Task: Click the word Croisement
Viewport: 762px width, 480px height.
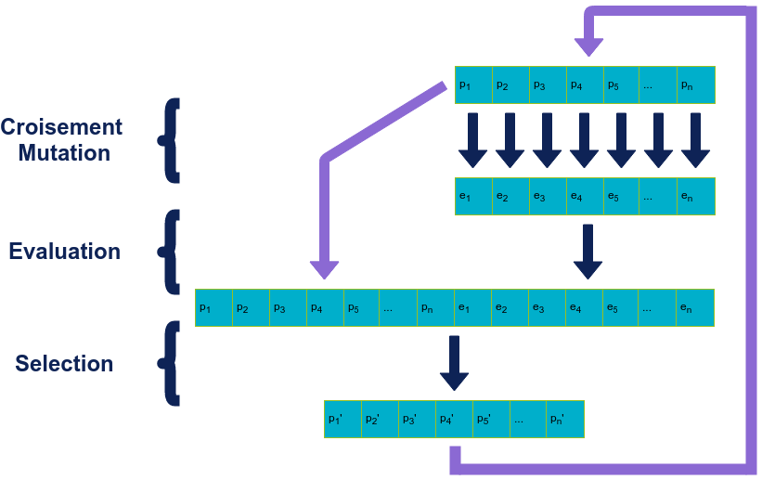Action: [x=61, y=127]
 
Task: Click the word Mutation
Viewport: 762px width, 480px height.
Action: [x=61, y=152]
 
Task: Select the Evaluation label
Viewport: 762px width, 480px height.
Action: [x=64, y=252]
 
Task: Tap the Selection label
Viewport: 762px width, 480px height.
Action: [x=64, y=364]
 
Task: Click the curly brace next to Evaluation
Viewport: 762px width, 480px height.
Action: [x=170, y=252]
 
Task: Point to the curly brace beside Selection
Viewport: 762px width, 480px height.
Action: [x=170, y=363]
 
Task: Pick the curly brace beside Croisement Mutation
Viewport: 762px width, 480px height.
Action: [x=170, y=139]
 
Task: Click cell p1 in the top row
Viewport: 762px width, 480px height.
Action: [x=473, y=84]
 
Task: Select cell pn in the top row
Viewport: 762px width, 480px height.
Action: [x=695, y=84]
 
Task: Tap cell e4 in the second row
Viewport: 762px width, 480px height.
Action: [x=585, y=196]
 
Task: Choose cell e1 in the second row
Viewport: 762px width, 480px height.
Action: [x=473, y=196]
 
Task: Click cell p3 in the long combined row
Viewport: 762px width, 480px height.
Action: [x=288, y=307]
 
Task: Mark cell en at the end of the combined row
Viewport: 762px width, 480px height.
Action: [x=695, y=307]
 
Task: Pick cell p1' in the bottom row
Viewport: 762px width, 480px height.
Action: [x=342, y=419]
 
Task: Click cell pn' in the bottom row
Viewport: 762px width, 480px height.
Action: [x=565, y=419]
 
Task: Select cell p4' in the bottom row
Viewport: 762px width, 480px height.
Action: [x=455, y=419]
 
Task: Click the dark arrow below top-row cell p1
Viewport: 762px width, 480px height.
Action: [x=472, y=140]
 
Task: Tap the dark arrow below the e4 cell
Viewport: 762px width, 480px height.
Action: [x=587, y=252]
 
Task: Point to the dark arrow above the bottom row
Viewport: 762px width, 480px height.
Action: [x=454, y=363]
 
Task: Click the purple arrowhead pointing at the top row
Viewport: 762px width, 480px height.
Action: [x=589, y=45]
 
